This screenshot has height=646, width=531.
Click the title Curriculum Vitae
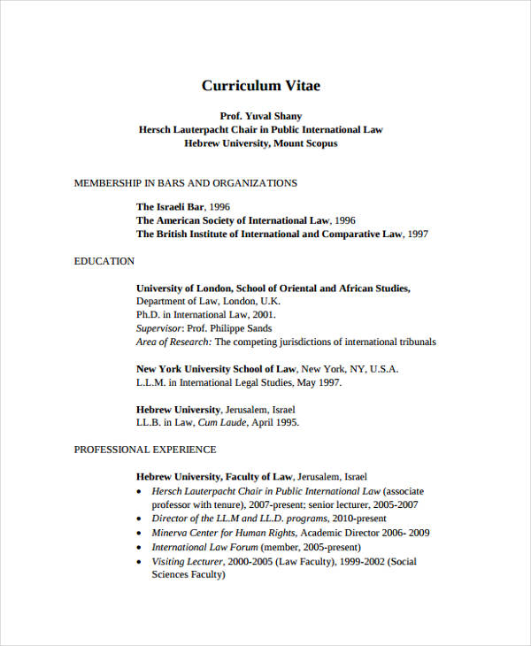click(261, 86)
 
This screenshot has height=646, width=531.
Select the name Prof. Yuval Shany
click(261, 116)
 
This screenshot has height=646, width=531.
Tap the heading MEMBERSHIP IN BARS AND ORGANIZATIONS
click(185, 183)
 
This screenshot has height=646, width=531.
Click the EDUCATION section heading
click(104, 261)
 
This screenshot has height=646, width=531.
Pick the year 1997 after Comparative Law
click(418, 235)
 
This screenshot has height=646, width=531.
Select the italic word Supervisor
click(159, 328)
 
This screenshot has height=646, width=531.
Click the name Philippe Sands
click(243, 328)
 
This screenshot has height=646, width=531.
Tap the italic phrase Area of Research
click(173, 342)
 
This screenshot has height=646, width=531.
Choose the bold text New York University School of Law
click(216, 369)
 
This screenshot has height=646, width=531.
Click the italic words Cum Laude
click(219, 423)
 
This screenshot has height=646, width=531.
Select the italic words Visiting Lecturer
click(186, 561)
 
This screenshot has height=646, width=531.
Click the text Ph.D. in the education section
click(147, 314)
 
